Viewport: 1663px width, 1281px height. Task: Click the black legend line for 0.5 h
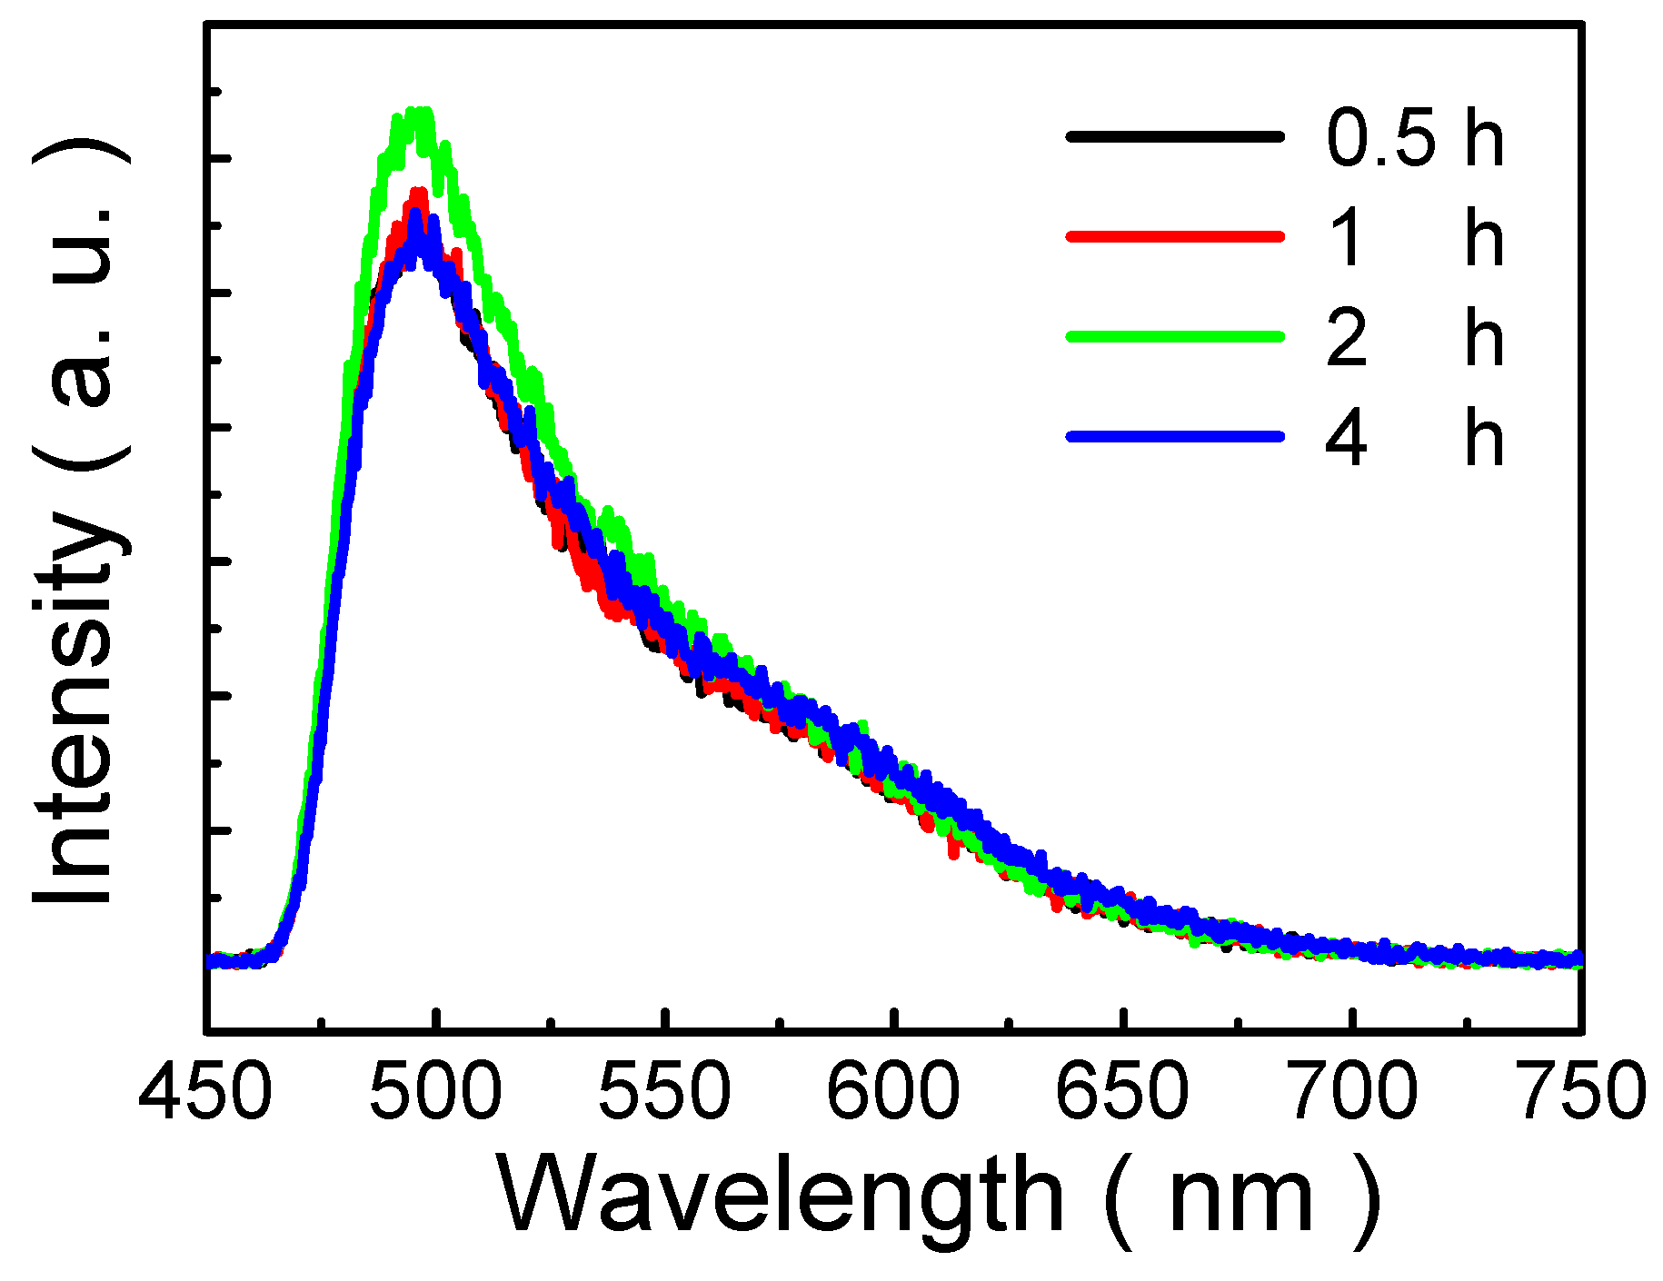point(1175,137)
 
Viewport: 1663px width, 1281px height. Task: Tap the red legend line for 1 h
point(1175,237)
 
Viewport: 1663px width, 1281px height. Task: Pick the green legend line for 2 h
point(1175,336)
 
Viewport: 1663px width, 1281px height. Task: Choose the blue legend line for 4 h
point(1175,437)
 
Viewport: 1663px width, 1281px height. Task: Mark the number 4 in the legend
point(1346,439)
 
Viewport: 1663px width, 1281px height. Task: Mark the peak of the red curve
point(418,194)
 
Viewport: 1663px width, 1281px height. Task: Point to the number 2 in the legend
point(1346,339)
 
